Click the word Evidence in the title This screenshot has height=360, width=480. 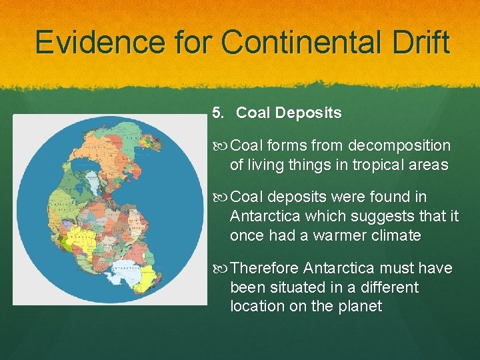click(x=80, y=43)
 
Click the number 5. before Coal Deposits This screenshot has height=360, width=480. click(x=219, y=113)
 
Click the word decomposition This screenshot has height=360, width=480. click(x=399, y=145)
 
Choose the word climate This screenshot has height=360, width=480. click(x=397, y=235)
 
